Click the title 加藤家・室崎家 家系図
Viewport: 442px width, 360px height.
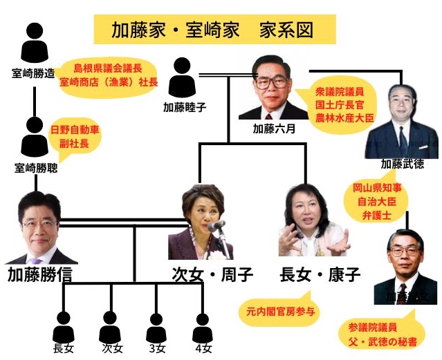[214, 30]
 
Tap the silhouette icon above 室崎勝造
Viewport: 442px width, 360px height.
[35, 44]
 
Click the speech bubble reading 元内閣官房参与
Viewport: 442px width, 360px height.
[279, 310]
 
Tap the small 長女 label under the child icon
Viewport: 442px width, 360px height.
[63, 348]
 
